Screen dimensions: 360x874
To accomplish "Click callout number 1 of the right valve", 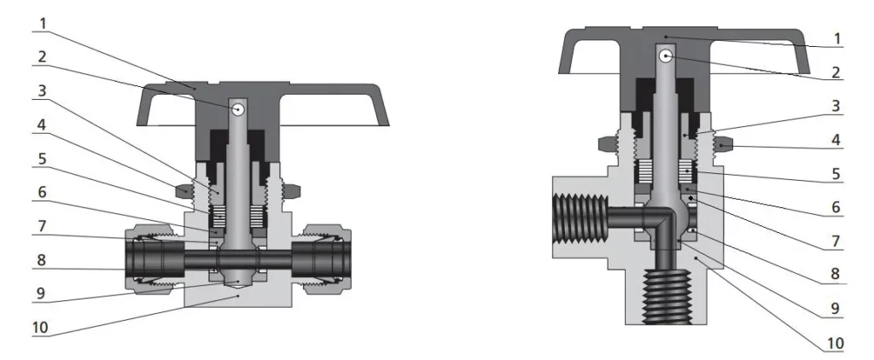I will (x=836, y=38).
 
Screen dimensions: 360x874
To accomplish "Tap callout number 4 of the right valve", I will (x=836, y=138).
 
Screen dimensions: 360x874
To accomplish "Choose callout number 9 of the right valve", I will (x=836, y=310).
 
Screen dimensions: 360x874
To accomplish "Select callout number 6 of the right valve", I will (x=836, y=208).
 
